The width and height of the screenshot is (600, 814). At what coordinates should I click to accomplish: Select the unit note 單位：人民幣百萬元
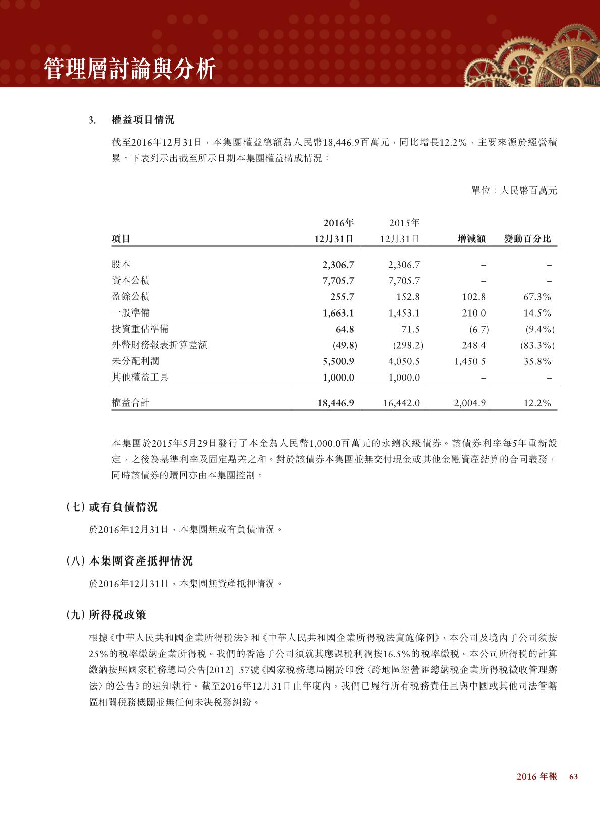(x=514, y=191)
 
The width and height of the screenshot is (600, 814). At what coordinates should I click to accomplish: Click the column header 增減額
(x=471, y=239)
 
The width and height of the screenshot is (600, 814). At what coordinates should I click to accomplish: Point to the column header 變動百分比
(x=527, y=239)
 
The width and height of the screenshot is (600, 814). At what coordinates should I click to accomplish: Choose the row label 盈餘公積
(x=131, y=296)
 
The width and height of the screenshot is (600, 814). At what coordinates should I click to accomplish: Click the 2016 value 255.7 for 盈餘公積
(x=342, y=297)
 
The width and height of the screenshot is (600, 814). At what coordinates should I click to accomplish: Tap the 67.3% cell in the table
(x=537, y=297)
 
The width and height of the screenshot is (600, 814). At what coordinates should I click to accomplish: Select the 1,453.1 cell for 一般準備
(x=404, y=313)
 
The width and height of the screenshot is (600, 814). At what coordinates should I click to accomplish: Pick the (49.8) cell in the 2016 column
(x=345, y=345)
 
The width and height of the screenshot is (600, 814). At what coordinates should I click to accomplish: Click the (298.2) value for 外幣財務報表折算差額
(x=407, y=345)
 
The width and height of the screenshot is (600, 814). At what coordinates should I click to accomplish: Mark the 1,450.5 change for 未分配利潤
(x=470, y=361)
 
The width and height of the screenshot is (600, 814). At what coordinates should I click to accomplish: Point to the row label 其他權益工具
(x=140, y=377)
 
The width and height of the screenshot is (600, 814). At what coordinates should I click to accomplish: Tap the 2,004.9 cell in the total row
(x=470, y=403)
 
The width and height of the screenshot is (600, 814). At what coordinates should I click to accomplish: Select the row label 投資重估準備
(x=140, y=329)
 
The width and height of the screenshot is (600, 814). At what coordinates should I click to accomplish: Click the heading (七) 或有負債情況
(x=111, y=507)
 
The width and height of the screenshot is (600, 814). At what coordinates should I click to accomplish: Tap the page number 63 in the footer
(x=573, y=790)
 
